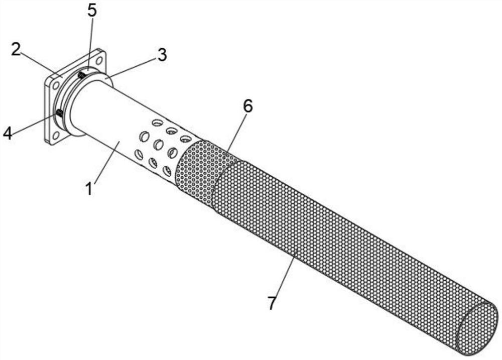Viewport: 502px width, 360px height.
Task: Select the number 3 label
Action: [x=161, y=55]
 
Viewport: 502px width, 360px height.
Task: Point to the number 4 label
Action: [x=8, y=133]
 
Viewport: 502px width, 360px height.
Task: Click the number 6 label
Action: [x=247, y=106]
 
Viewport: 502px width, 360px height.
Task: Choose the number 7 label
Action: [x=273, y=303]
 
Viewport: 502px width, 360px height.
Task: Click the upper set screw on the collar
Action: [x=81, y=75]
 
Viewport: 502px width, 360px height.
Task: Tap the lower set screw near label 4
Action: [x=59, y=113]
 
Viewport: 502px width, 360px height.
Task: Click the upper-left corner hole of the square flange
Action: [x=55, y=86]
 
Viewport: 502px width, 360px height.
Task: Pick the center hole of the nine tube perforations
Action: [x=159, y=145]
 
